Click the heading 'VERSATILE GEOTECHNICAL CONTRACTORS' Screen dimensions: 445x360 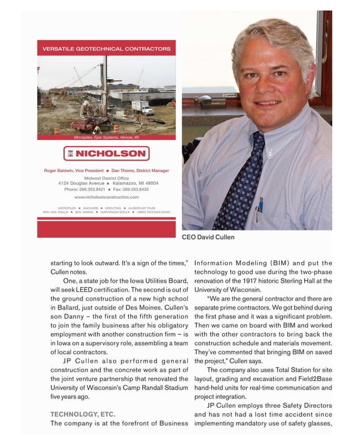107,49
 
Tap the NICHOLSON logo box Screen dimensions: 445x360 107,153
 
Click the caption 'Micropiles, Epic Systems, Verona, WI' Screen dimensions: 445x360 107,137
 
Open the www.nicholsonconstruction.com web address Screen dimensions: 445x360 107,197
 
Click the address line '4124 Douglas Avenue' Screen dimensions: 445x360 81,184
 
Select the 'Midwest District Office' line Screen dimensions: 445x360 107,177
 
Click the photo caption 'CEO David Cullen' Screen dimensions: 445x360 208,237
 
